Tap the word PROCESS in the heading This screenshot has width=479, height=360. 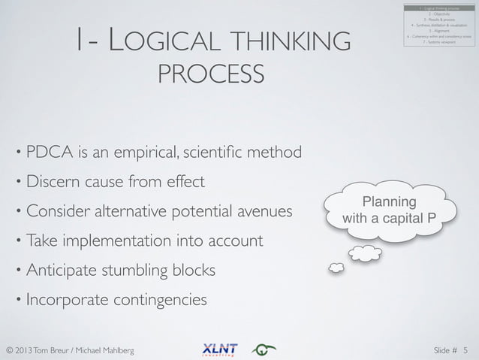212,75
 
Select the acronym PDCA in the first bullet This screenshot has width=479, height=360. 48,153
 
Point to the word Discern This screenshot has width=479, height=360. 55,183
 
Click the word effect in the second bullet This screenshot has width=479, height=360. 184,183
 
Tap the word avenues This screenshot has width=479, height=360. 264,212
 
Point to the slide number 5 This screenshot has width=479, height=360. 465,349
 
